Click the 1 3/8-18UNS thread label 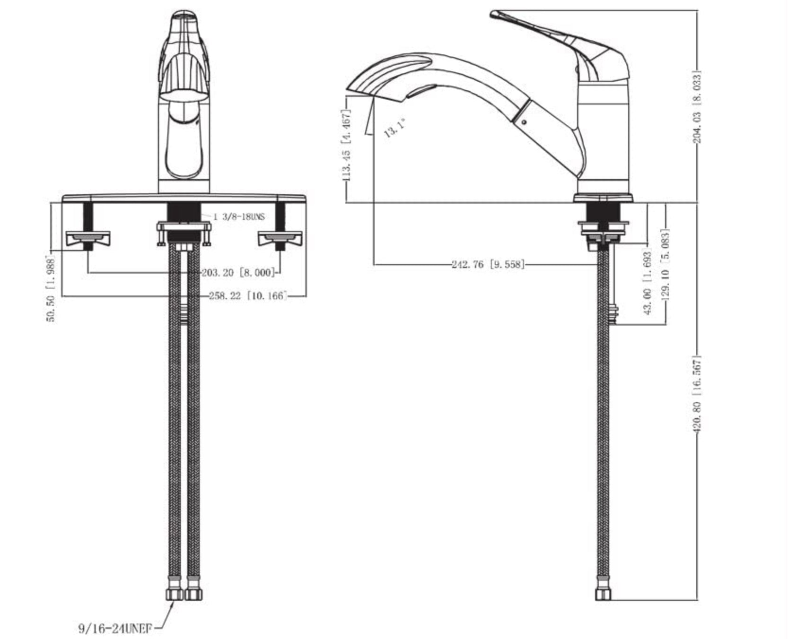[x=238, y=217]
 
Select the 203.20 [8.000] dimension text [x=238, y=273]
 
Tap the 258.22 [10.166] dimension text [x=248, y=296]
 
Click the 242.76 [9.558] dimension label [x=488, y=265]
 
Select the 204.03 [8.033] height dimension [x=697, y=107]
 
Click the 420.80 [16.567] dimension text [x=697, y=395]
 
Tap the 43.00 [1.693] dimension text [x=648, y=283]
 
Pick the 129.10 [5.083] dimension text [x=665, y=265]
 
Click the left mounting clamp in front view [x=88, y=239]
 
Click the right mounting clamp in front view [x=280, y=239]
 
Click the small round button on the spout [x=524, y=122]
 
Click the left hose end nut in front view [x=175, y=594]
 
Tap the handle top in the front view [x=184, y=15]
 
